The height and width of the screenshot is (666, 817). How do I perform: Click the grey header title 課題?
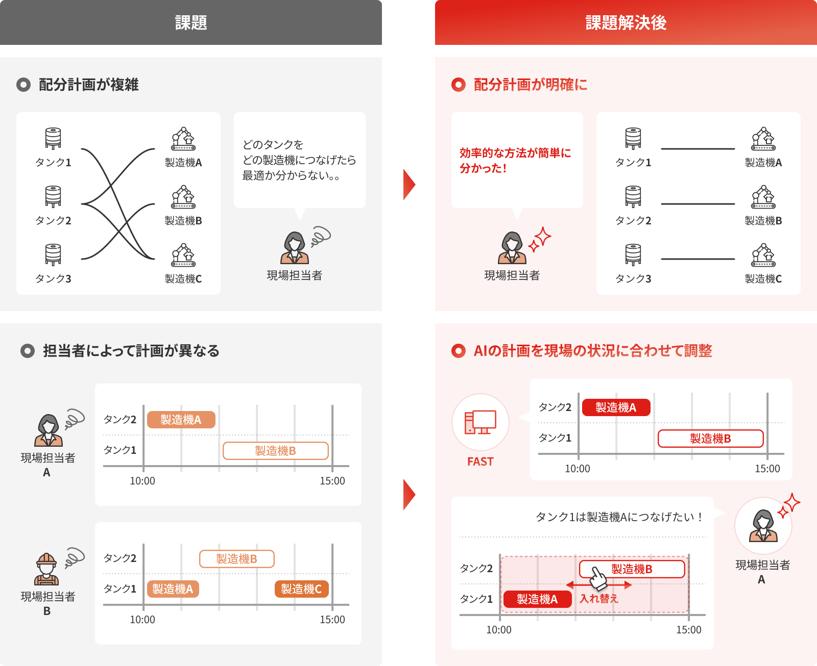click(x=191, y=22)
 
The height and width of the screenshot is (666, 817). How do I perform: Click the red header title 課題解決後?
click(x=626, y=22)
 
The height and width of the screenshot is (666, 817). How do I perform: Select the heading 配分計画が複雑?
click(x=89, y=85)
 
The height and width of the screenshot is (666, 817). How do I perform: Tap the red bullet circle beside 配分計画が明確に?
click(x=458, y=85)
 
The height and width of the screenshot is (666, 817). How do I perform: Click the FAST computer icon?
click(x=480, y=422)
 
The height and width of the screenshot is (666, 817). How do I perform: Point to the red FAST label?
click(x=480, y=462)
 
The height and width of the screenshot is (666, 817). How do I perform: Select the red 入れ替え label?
click(x=598, y=599)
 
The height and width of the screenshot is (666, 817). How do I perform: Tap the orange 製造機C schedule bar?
click(x=301, y=589)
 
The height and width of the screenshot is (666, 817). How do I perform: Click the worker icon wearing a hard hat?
click(x=46, y=569)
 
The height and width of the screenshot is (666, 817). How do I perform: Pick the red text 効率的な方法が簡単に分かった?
click(x=515, y=161)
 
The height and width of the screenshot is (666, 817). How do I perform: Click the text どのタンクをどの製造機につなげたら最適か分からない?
click(x=299, y=160)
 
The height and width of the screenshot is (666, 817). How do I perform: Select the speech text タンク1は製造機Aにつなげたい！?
click(x=620, y=517)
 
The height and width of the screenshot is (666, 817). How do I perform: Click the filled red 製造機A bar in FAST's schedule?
click(x=616, y=407)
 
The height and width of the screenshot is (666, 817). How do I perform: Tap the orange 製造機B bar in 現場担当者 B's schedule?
click(x=237, y=559)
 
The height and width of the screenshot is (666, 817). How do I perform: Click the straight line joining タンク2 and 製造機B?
click(x=698, y=203)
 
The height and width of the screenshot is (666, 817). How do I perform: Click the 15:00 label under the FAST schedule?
click(x=767, y=469)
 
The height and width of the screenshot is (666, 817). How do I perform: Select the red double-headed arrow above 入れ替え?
click(x=599, y=585)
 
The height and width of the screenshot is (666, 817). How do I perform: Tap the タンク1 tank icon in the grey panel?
click(x=53, y=138)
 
